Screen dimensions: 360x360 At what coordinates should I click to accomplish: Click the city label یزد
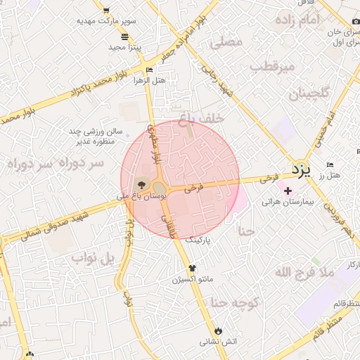301,169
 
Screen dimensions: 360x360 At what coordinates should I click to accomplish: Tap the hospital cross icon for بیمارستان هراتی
288,191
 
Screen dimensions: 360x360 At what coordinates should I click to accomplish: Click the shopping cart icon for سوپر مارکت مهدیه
106,11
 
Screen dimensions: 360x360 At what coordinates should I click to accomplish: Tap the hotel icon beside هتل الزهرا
148,70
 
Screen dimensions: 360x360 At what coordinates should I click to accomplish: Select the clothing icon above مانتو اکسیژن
192,268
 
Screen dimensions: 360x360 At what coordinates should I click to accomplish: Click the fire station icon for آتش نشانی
217,330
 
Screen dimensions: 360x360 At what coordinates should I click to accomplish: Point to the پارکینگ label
198,240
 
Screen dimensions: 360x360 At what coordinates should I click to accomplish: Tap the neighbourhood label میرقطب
270,67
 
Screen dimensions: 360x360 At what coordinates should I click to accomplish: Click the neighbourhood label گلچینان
300,93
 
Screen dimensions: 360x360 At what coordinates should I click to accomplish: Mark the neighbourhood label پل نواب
92,258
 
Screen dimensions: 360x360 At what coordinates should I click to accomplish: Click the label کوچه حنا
237,304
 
